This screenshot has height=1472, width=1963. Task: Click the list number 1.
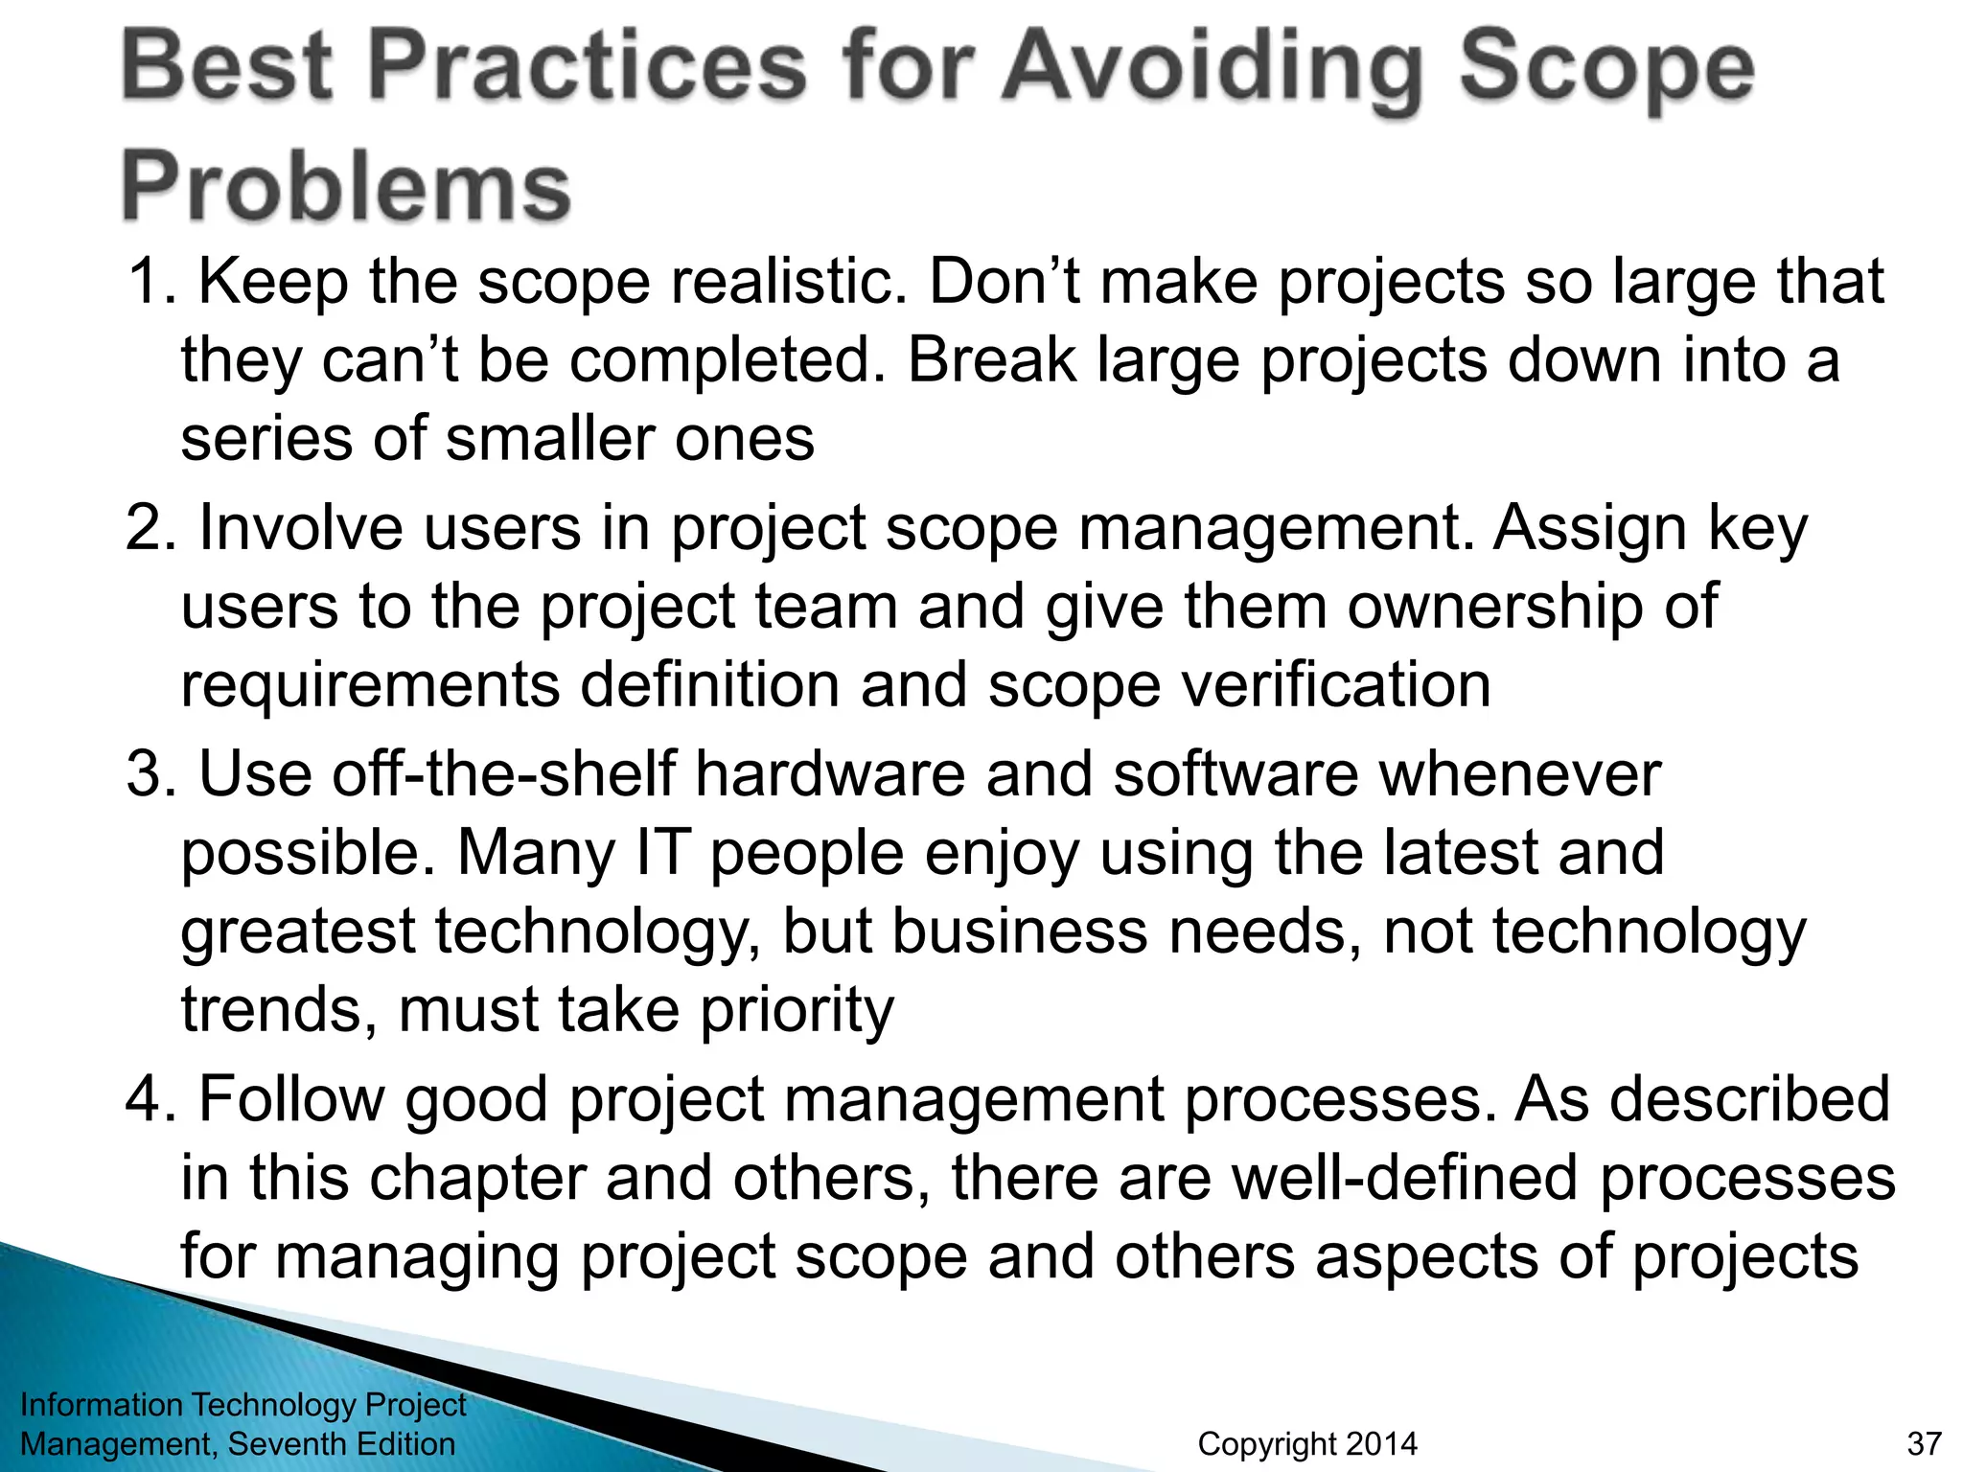coord(150,282)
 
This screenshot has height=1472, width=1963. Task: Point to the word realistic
coord(788,282)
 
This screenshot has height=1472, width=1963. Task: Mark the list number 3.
coord(150,774)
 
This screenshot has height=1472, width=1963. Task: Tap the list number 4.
coord(150,1099)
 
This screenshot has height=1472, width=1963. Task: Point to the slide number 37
coord(1924,1444)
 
